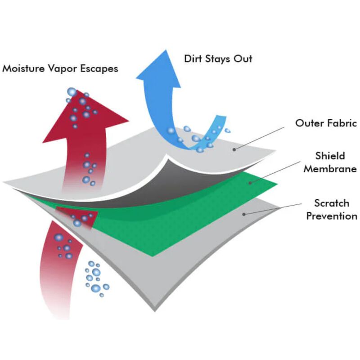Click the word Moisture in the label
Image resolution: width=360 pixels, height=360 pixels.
click(x=23, y=68)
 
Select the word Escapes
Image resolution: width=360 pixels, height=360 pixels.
click(x=99, y=69)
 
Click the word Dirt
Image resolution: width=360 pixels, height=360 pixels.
click(x=193, y=58)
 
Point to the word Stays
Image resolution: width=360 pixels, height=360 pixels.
click(x=217, y=59)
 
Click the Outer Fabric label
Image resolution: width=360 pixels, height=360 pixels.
click(x=326, y=123)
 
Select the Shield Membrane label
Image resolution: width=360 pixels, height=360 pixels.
click(x=330, y=162)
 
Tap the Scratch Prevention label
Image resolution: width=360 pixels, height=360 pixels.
click(x=332, y=209)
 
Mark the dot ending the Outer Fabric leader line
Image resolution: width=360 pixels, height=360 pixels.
click(x=234, y=150)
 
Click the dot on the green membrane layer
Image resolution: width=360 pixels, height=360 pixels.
click(x=251, y=183)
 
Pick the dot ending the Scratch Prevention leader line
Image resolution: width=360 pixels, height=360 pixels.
click(x=244, y=214)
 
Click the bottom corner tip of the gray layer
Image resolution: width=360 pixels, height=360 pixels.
click(x=155, y=311)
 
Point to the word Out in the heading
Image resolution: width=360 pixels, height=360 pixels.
click(x=243, y=58)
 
